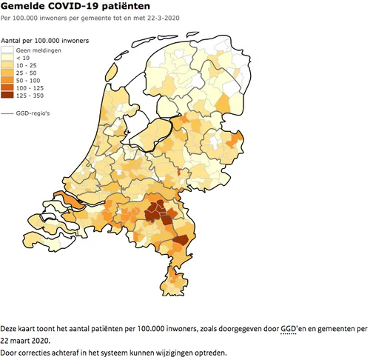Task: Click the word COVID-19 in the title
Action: click(x=69, y=6)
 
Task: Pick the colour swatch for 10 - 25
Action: click(x=7, y=65)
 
